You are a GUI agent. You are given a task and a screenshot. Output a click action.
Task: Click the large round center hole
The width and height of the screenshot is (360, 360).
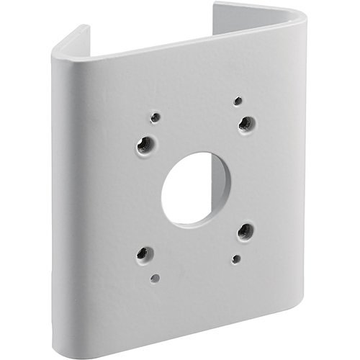195,189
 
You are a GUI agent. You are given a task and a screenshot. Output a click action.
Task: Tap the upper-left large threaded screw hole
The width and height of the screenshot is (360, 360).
144,144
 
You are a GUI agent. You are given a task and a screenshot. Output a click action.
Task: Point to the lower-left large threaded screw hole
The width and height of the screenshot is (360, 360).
145,253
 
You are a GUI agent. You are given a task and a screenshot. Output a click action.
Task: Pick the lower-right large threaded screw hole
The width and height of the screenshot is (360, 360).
245,230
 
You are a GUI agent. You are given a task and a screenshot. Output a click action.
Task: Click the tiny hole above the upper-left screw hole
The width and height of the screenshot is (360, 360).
155,117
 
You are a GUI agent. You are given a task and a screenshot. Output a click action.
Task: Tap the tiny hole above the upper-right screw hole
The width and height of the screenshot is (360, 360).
238,101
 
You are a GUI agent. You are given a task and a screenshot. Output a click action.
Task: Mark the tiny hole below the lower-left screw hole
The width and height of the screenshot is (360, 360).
155,277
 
